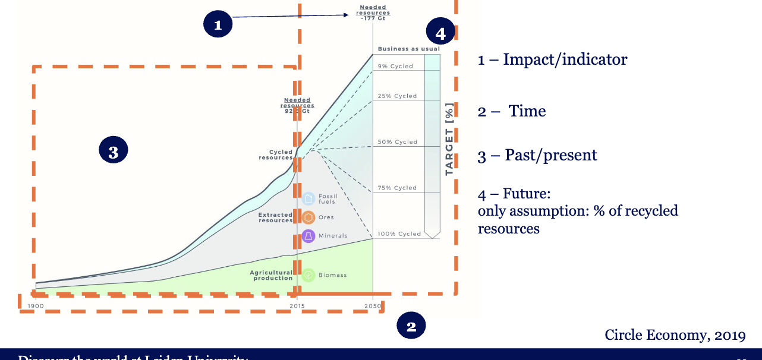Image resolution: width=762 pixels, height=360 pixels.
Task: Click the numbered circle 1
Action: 218,24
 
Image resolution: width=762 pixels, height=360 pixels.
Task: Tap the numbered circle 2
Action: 411,326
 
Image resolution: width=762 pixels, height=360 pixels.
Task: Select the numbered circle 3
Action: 114,152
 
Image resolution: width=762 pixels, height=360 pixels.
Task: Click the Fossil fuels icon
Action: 308,198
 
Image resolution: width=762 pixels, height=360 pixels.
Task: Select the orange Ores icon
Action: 308,217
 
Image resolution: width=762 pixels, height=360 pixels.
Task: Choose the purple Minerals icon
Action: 308,236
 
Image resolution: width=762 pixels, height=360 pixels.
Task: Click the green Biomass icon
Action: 308,275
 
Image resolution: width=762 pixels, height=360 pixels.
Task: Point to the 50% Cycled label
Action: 398,142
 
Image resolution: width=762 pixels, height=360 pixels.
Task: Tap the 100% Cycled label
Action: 399,233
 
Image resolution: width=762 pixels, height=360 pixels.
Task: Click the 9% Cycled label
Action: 395,66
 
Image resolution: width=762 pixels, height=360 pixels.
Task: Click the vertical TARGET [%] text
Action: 449,140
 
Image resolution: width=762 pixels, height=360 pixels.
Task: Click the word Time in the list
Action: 527,111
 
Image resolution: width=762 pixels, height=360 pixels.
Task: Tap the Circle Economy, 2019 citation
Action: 675,335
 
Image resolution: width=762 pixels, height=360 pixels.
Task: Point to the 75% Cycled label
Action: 398,188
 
